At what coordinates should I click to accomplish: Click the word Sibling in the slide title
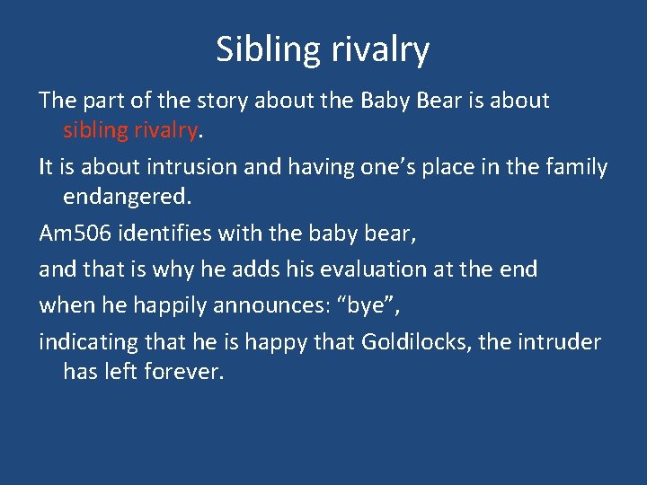pyautogui.click(x=263, y=50)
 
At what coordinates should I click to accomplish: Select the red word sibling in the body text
pyautogui.click(x=96, y=131)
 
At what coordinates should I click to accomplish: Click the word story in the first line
pyautogui.click(x=218, y=101)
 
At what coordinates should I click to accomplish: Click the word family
pyautogui.click(x=575, y=167)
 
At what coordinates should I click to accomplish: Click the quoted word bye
pyautogui.click(x=366, y=304)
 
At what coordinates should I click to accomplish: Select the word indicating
pyautogui.click(x=83, y=341)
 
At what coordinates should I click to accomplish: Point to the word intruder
pyautogui.click(x=563, y=341)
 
